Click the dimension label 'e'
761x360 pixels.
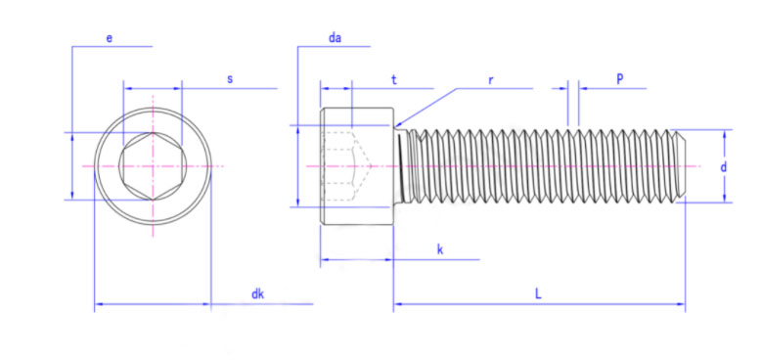tap(110, 38)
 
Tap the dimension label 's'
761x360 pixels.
tap(230, 79)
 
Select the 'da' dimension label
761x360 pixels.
tap(335, 38)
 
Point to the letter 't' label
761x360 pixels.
tap(394, 80)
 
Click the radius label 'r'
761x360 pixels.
tap(491, 80)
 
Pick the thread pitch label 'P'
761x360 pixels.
tap(620, 79)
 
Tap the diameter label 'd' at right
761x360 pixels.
tap(723, 167)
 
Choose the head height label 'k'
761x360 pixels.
tap(440, 249)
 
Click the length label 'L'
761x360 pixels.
tap(538, 293)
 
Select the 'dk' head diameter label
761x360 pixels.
tap(257, 293)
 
